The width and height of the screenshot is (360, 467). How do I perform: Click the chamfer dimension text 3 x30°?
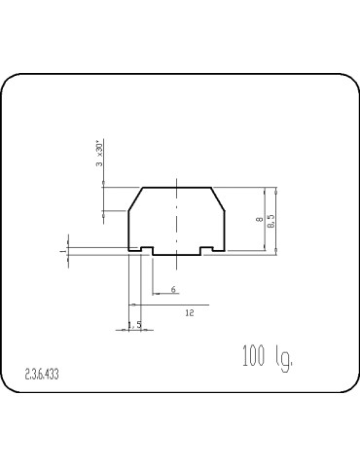pos(99,154)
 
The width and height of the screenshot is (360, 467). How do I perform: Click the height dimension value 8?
pos(259,221)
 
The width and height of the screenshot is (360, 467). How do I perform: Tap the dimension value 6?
pos(172,289)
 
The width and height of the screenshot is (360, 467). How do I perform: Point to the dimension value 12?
pos(189,311)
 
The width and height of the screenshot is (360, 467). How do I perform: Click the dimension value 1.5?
pos(134,324)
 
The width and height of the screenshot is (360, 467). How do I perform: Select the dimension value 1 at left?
pos(63,250)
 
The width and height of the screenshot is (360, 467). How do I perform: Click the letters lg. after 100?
pos(283,358)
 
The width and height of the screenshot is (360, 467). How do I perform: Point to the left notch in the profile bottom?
pos(147,249)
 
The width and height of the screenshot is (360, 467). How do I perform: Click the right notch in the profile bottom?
pos(206,249)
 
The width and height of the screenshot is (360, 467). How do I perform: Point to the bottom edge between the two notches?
pos(177,253)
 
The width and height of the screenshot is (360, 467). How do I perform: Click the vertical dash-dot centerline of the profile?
pos(177,219)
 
